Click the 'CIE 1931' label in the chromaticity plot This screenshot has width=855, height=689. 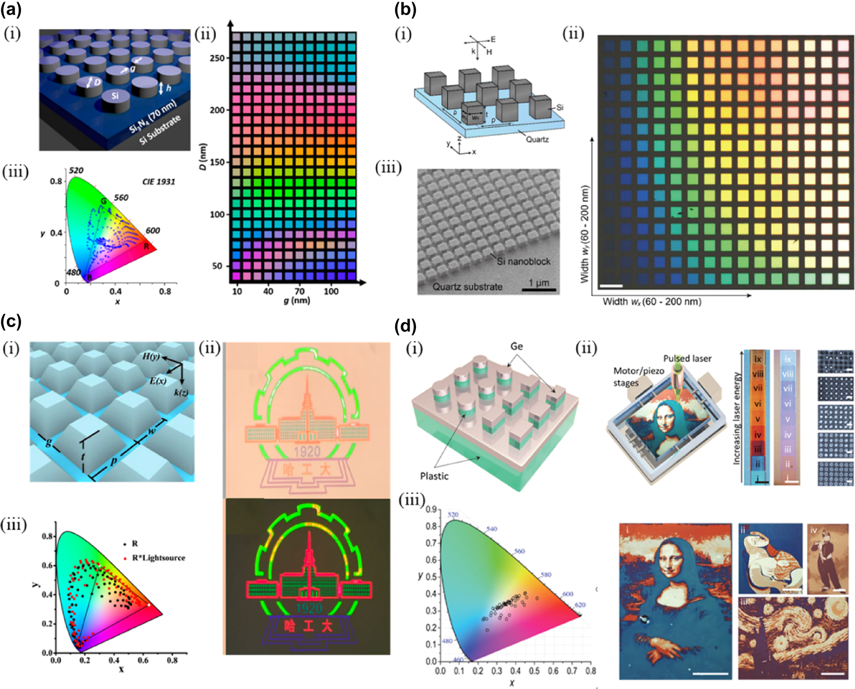pos(159,182)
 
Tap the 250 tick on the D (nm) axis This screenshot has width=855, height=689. pos(217,58)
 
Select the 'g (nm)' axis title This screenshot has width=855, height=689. pos(297,300)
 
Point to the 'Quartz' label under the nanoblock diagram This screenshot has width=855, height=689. pos(537,140)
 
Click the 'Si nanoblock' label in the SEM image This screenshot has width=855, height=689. pos(523,261)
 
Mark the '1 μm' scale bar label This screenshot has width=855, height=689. pos(538,282)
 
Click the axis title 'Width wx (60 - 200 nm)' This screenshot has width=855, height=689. pos(652,301)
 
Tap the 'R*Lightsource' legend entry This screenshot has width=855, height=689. pos(158,558)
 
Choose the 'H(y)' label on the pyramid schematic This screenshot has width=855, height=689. pos(151,356)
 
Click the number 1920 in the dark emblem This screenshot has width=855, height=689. pos(309,608)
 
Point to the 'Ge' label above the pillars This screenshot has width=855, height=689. pos(516,346)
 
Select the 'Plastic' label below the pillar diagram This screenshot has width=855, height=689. pos(434,476)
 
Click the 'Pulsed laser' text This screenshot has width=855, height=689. pos(687,358)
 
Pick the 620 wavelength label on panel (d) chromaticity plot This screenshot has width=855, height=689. pos(580,605)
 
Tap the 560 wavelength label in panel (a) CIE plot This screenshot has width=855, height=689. pos(121,198)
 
